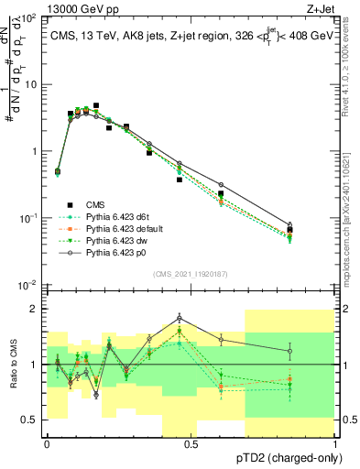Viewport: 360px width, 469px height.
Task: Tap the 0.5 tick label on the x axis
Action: [191, 444]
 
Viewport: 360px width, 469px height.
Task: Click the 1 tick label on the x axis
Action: [335, 444]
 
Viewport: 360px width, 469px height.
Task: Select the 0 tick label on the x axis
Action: [47, 444]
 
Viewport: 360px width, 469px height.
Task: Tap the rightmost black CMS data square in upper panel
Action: [289, 230]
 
